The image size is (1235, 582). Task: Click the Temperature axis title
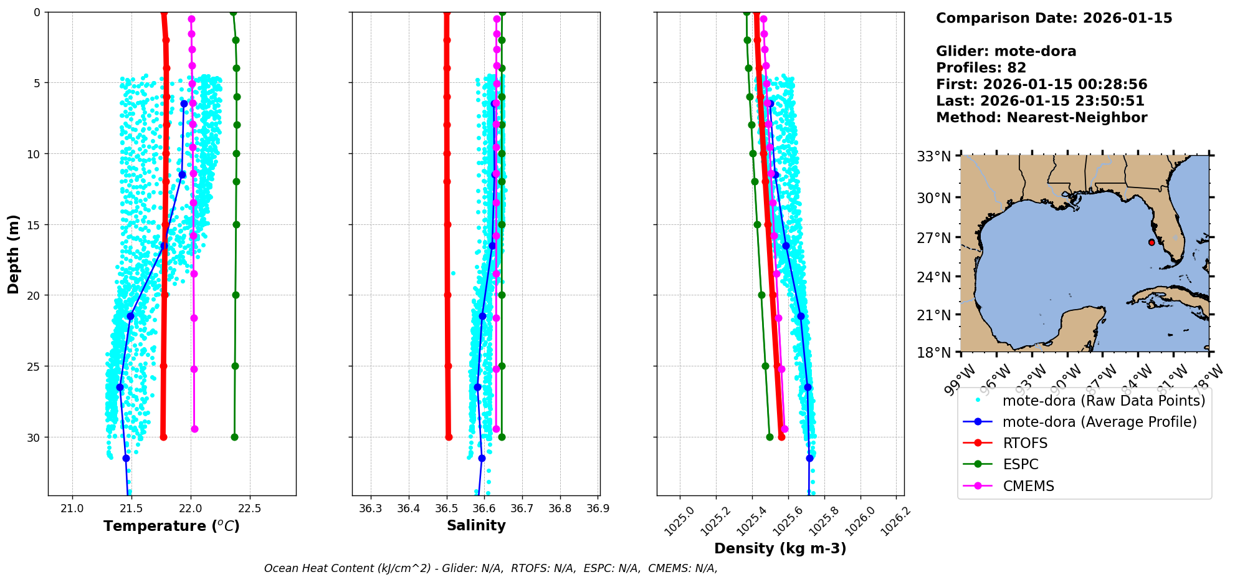click(x=171, y=526)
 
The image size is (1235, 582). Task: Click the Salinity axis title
click(x=476, y=525)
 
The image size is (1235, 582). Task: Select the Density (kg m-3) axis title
click(x=780, y=548)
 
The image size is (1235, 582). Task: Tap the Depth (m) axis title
click(x=13, y=254)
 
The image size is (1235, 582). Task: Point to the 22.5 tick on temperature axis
click(x=249, y=508)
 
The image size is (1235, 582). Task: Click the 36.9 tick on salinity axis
click(x=598, y=508)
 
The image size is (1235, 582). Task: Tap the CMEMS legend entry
click(x=1028, y=486)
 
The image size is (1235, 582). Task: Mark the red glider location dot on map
click(x=1152, y=242)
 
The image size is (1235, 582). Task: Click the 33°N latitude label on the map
click(x=933, y=156)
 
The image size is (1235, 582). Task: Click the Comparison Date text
click(x=1054, y=18)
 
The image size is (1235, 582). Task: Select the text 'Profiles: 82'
click(x=981, y=68)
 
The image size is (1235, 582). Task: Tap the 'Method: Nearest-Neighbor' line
click(x=1041, y=118)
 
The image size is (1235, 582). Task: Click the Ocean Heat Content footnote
click(x=490, y=568)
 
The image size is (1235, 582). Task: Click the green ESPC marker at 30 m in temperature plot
click(x=234, y=437)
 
